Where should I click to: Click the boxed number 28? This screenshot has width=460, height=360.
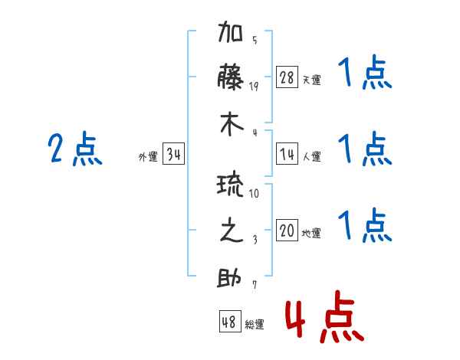[x=287, y=77]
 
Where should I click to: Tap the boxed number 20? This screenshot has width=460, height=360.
[x=287, y=231]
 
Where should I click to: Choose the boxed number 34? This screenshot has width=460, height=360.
[x=174, y=155]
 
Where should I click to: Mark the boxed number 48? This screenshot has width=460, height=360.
[x=229, y=322]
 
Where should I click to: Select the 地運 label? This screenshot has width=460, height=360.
[x=311, y=234]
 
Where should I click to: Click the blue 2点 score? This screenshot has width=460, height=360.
[x=75, y=149]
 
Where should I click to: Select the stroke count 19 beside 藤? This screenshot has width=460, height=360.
[x=254, y=86]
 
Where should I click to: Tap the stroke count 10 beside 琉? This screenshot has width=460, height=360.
[x=254, y=194]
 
